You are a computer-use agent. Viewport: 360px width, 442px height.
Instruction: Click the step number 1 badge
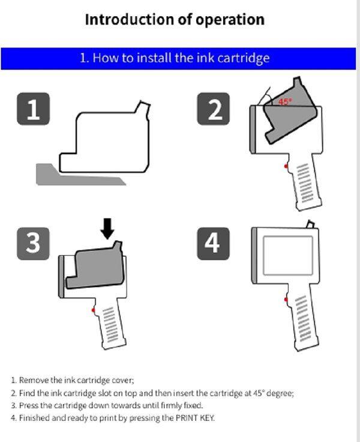point(33,109)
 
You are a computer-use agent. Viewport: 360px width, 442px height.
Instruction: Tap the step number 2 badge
point(213,109)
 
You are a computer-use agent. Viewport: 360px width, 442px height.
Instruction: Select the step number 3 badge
point(33,244)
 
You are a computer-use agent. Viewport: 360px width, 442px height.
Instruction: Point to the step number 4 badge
point(213,244)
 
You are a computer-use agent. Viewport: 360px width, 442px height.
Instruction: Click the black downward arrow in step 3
point(107,229)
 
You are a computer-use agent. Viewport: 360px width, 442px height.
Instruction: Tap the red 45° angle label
point(285,101)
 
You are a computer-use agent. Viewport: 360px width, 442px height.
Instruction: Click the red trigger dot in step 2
point(286,166)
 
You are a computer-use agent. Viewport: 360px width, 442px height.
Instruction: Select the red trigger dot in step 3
point(93,310)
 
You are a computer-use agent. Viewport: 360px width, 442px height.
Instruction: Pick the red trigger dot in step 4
point(286,299)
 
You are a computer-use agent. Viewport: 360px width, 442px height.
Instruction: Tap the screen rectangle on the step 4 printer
point(288,255)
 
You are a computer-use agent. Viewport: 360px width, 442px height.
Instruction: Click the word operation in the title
point(230,20)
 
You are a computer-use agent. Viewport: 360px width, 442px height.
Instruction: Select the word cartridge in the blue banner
point(244,58)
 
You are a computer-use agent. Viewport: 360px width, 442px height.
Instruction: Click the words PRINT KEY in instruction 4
point(195,417)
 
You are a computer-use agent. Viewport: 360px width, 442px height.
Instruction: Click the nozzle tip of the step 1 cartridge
point(145,103)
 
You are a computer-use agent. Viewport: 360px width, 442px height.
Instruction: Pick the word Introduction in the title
point(130,20)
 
